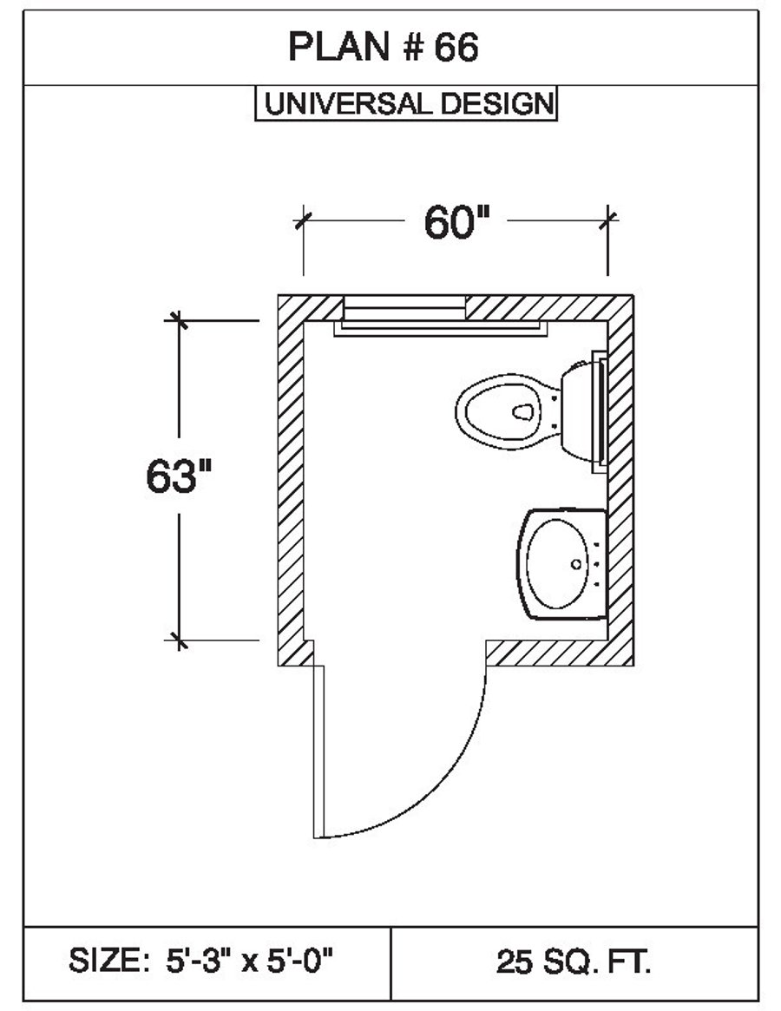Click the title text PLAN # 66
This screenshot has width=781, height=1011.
(383, 49)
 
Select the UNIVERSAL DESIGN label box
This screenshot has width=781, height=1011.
(405, 104)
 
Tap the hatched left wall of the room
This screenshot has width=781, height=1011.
(291, 477)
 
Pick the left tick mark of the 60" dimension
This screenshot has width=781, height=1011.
(302, 219)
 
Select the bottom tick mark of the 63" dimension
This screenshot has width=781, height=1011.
(180, 640)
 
